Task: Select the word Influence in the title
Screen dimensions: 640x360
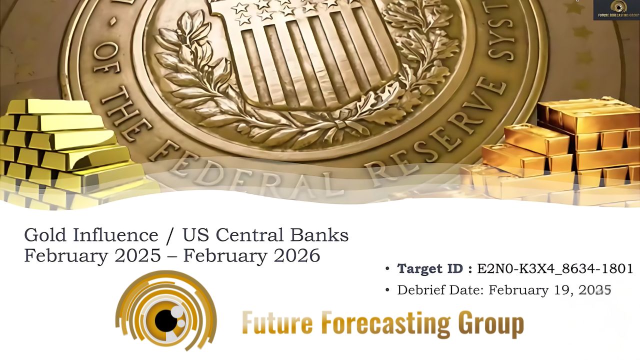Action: (115, 235)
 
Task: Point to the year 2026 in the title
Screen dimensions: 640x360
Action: (297, 255)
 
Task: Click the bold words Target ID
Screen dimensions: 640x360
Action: (430, 268)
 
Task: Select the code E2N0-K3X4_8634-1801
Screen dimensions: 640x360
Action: (555, 269)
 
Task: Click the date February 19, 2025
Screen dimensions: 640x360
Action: (550, 290)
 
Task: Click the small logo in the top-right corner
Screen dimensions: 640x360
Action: (616, 10)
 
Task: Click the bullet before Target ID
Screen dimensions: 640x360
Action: (387, 268)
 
